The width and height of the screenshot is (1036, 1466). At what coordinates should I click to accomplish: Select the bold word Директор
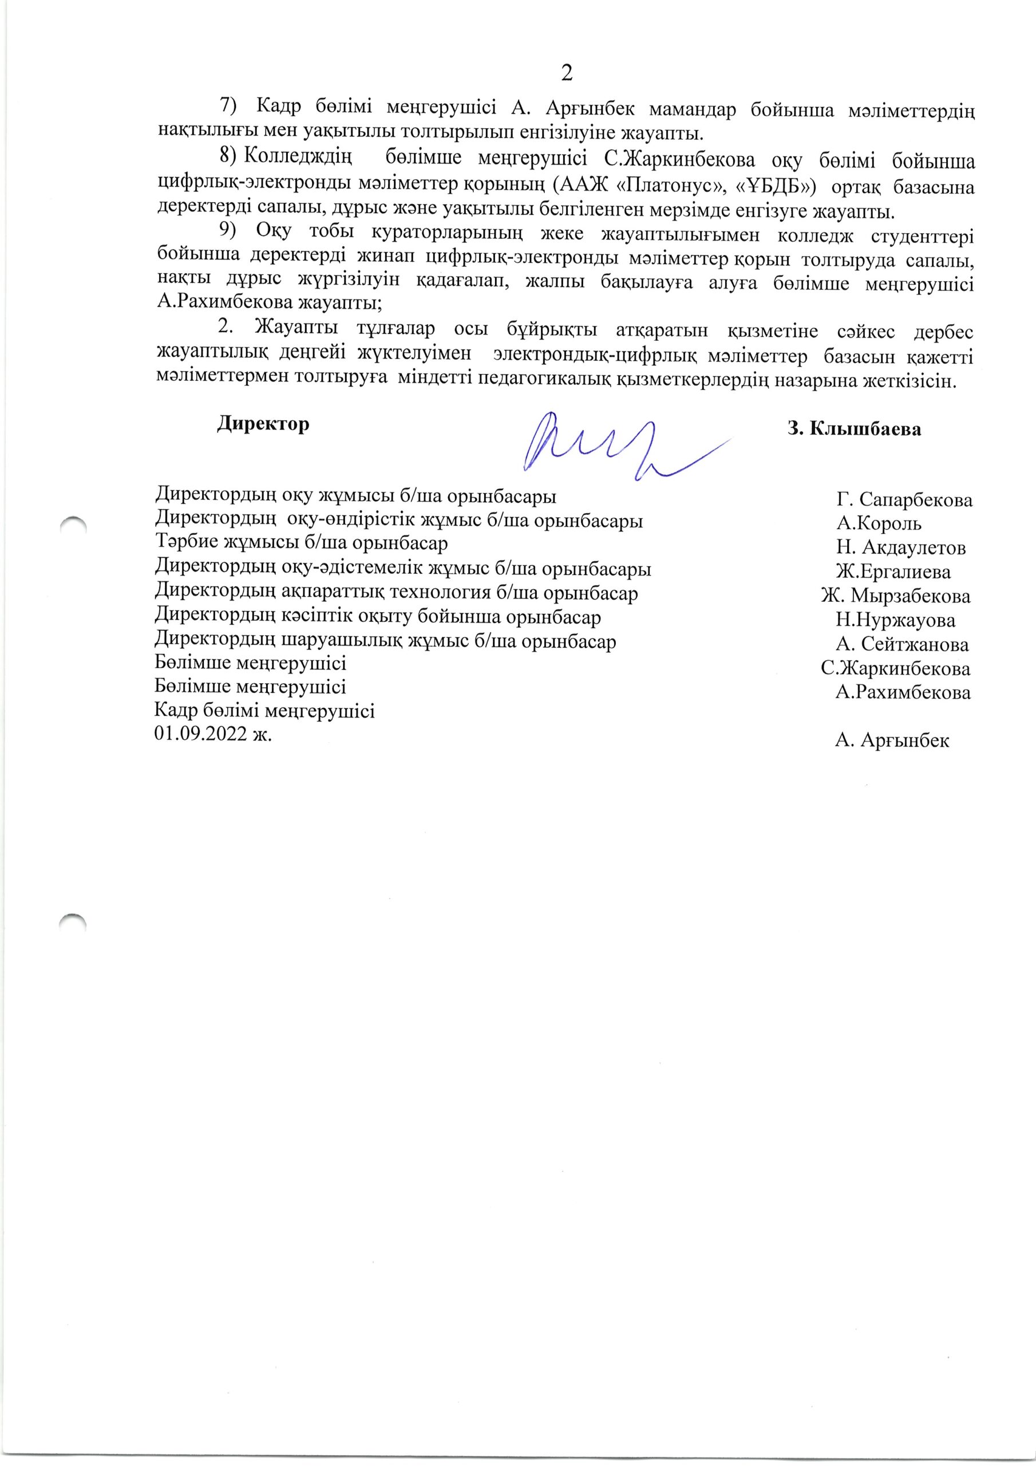(263, 424)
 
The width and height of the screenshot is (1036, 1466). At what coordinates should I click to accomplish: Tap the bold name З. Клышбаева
(854, 428)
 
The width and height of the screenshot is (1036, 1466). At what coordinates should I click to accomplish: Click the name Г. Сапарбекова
(904, 499)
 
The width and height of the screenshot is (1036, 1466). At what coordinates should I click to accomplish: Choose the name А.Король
(879, 523)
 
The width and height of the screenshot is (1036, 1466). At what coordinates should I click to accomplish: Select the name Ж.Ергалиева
(893, 572)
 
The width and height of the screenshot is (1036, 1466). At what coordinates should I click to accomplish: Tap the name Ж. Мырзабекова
(896, 596)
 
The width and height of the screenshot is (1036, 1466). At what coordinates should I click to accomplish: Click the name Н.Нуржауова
(896, 620)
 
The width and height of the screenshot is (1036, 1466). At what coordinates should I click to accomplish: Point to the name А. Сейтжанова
(902, 644)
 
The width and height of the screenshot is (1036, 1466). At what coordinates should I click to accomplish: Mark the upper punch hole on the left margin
(72, 524)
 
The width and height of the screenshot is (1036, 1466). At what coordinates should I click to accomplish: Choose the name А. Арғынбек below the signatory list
(892, 740)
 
